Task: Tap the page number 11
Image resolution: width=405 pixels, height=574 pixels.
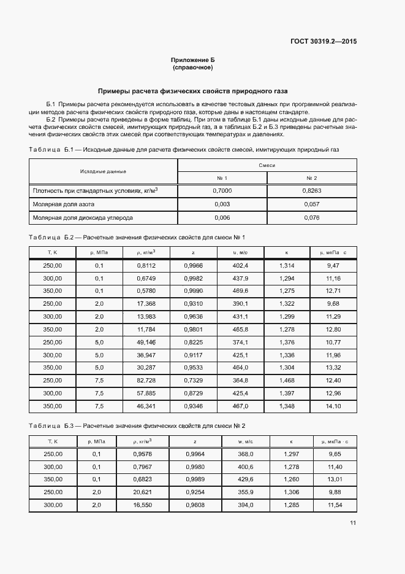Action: [354, 523]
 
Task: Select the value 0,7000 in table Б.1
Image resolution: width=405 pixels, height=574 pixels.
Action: [222, 191]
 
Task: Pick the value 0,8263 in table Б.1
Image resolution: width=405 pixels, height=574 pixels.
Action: [311, 191]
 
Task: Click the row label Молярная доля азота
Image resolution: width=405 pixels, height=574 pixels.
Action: [64, 204]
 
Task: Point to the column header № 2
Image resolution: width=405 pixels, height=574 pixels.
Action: [311, 178]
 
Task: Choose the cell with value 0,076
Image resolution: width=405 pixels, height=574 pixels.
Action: [311, 217]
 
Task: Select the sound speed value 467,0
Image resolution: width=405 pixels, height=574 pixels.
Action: [240, 406]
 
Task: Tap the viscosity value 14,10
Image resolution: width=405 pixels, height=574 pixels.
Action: [333, 406]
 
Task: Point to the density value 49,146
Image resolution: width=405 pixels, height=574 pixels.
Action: [146, 342]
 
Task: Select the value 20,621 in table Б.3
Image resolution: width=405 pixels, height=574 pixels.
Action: [146, 492]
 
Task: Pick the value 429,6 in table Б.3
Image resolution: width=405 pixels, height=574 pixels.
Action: [245, 479]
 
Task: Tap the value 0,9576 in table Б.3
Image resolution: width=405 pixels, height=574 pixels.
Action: [146, 454]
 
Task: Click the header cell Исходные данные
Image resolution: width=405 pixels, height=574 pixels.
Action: [103, 171]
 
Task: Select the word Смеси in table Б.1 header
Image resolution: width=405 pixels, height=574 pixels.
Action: [267, 166]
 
